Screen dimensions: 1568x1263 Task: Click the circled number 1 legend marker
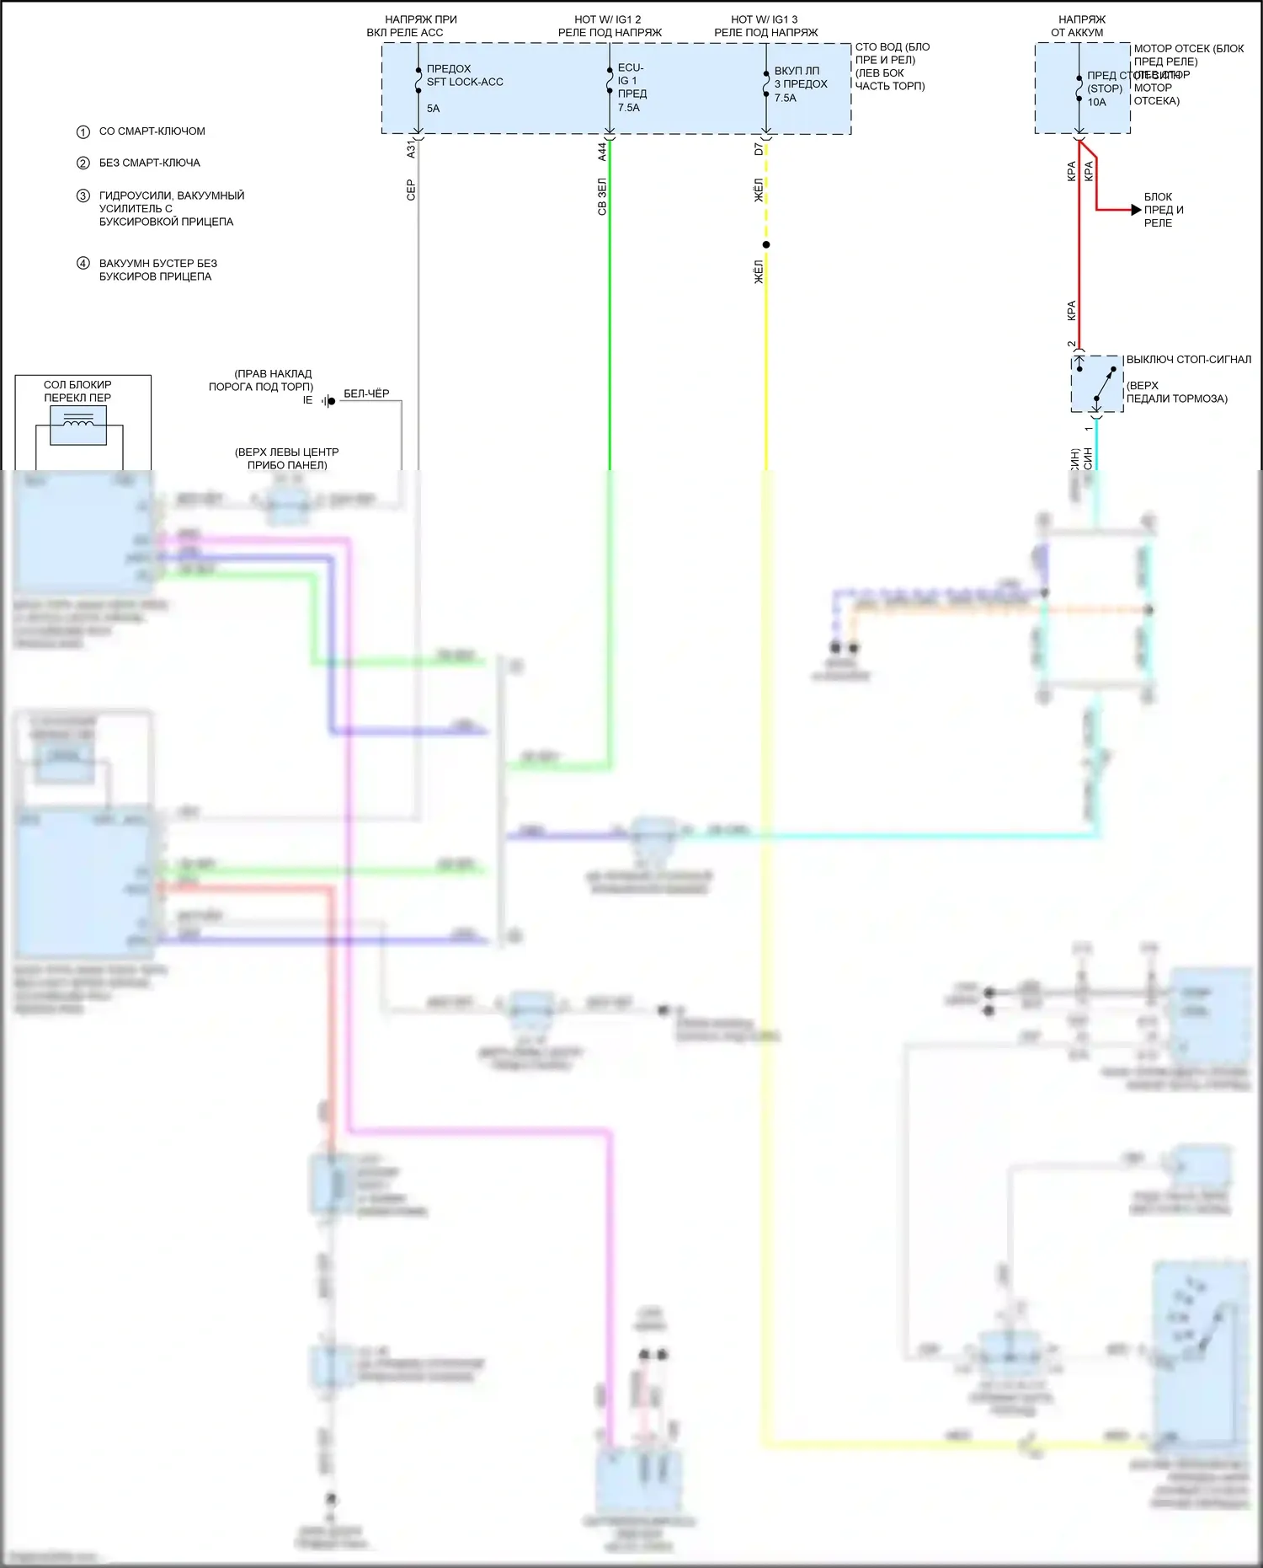pyautogui.click(x=83, y=131)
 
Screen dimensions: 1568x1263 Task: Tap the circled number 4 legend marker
pyautogui.click(x=83, y=263)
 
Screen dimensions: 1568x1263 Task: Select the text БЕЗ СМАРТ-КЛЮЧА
pyautogui.click(x=149, y=163)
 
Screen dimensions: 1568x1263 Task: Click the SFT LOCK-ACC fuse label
pyautogui.click(x=464, y=82)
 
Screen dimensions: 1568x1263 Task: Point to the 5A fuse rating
pyautogui.click(x=433, y=108)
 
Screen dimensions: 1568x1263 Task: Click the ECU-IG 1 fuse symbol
pyautogui.click(x=610, y=80)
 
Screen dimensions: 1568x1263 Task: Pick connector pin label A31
pyautogui.click(x=411, y=149)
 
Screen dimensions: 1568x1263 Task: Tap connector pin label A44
pyautogui.click(x=602, y=152)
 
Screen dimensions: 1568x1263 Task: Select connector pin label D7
pyautogui.click(x=759, y=149)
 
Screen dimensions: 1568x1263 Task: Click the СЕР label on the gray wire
pyautogui.click(x=411, y=190)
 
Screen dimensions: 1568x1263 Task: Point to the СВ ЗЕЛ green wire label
pyautogui.click(x=602, y=196)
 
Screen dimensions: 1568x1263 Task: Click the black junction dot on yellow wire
pyautogui.click(x=766, y=245)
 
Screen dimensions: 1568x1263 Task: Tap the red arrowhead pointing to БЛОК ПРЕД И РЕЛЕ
pyautogui.click(x=1136, y=210)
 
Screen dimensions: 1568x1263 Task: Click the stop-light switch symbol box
pyautogui.click(x=1097, y=384)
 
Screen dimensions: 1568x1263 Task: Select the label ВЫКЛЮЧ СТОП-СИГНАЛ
pyautogui.click(x=1189, y=360)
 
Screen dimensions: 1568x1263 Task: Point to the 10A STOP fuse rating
pyautogui.click(x=1096, y=102)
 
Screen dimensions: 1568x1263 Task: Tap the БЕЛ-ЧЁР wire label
pyautogui.click(x=366, y=393)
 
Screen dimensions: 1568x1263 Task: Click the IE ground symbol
pyautogui.click(x=329, y=401)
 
